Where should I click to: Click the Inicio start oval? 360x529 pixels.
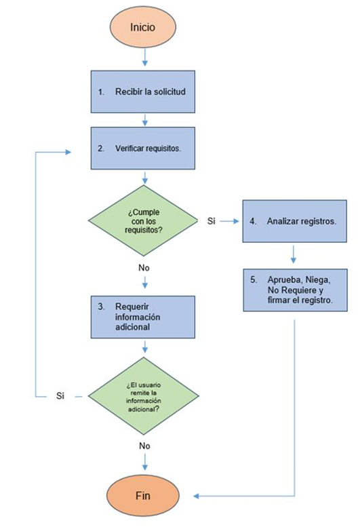click(x=143, y=26)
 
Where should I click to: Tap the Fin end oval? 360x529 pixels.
click(x=143, y=496)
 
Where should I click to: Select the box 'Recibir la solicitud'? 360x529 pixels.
click(x=143, y=92)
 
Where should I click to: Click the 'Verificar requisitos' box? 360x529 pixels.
click(x=143, y=148)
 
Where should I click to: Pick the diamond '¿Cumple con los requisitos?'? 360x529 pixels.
click(x=144, y=220)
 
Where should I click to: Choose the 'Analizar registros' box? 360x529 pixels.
click(x=294, y=221)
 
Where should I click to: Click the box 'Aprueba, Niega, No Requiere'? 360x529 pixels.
click(x=295, y=290)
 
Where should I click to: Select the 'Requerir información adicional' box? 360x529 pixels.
click(x=143, y=317)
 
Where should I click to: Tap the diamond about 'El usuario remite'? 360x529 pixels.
click(x=144, y=396)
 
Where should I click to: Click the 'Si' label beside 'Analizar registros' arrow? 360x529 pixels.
click(x=212, y=221)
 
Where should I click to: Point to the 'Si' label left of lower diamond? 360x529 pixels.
click(x=60, y=396)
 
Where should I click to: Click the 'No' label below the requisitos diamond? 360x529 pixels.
click(x=144, y=267)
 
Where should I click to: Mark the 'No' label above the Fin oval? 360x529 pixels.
click(x=144, y=446)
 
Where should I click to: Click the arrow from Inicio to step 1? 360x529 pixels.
click(x=144, y=57)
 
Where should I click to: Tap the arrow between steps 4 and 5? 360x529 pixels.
click(x=293, y=254)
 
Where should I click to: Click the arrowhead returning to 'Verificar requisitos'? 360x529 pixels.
click(x=68, y=152)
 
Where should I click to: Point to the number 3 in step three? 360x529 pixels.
click(x=101, y=307)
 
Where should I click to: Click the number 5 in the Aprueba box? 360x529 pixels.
click(x=254, y=279)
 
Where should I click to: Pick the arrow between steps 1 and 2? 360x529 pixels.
click(x=144, y=120)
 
